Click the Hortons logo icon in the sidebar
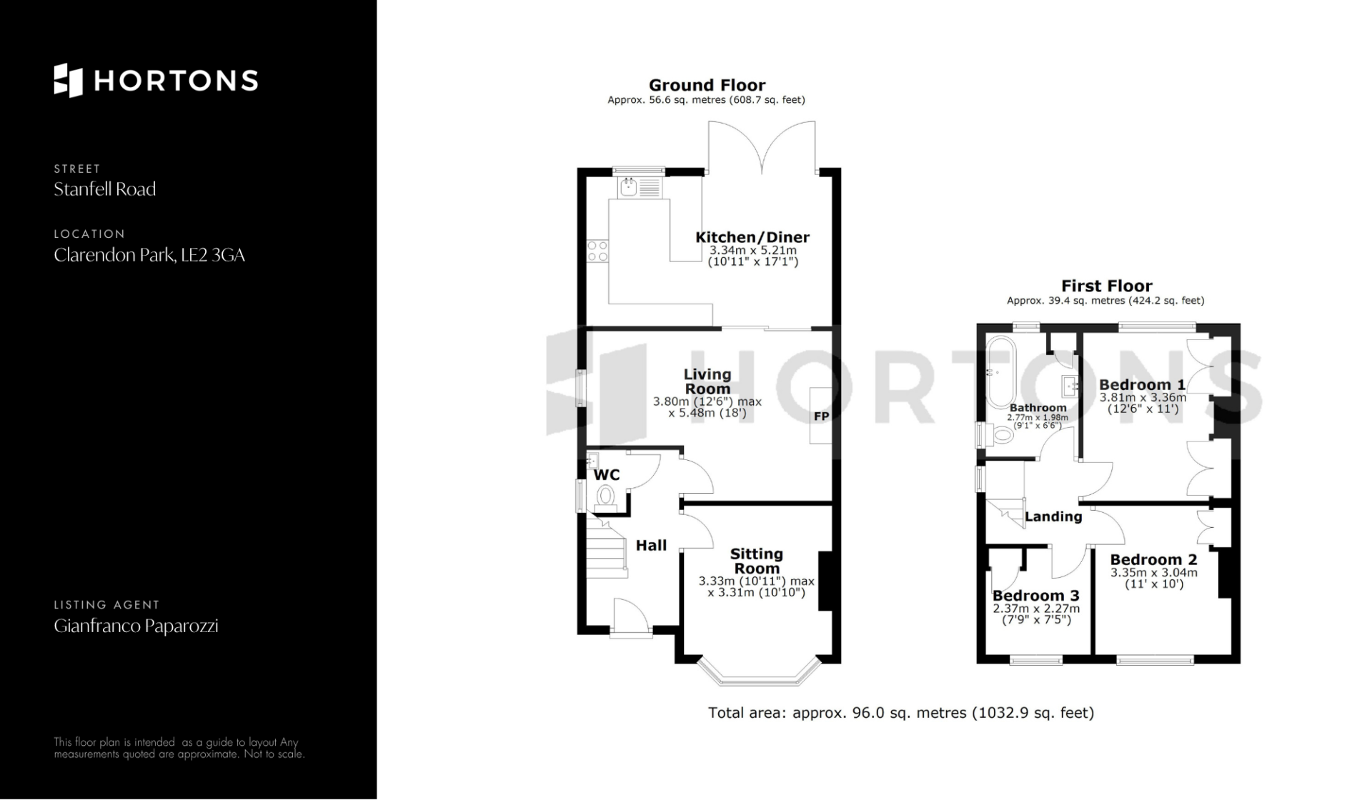pos(69,80)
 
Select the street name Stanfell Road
pos(105,189)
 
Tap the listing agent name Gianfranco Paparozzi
pos(136,626)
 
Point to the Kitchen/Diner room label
pos(752,237)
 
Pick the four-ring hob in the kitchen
pos(597,251)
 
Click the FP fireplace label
pos(821,416)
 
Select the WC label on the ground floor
pos(607,475)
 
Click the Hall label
pos(651,546)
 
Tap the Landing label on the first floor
pos(1053,516)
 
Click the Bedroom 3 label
pos(1036,596)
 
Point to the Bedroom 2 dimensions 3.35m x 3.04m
pos(1154,573)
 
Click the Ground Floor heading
pos(707,86)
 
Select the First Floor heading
pos(1106,286)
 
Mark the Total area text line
pos(901,713)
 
